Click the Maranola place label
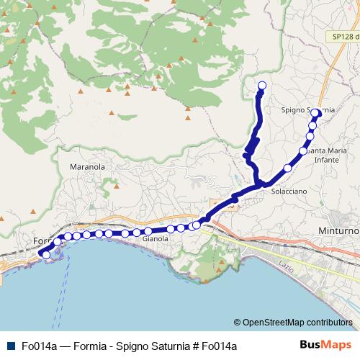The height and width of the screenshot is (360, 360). coord(87,166)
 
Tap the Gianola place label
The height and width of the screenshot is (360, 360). coord(156,238)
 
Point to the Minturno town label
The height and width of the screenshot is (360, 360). coord(338,231)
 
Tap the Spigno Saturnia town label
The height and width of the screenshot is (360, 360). coord(307,110)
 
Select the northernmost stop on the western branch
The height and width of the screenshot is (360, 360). coord(261,86)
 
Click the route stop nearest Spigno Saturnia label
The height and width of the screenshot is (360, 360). coord(316,113)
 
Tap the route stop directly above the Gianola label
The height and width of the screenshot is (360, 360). coord(148,231)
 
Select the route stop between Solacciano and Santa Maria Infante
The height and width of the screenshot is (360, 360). coord(288,168)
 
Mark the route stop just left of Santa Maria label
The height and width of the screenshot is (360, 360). coord(303,151)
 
